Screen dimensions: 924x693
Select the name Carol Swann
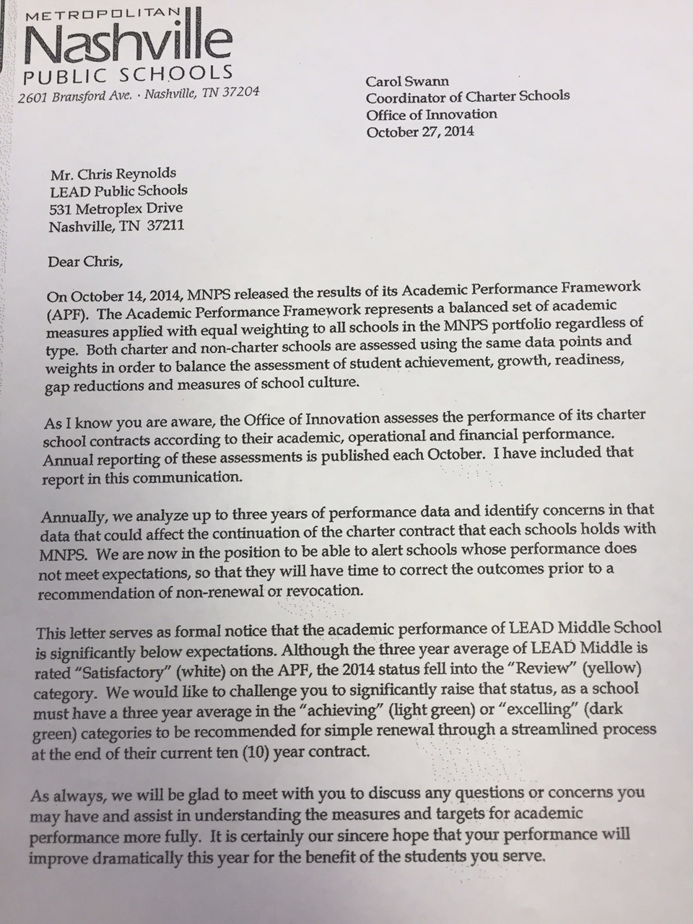pyautogui.click(x=406, y=82)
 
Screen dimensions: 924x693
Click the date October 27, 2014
pyautogui.click(x=420, y=132)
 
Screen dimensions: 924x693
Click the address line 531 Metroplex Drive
pyautogui.click(x=115, y=208)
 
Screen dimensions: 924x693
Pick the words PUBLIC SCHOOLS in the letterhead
pyautogui.click(x=128, y=74)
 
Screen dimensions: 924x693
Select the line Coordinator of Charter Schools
pyautogui.click(x=468, y=96)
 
